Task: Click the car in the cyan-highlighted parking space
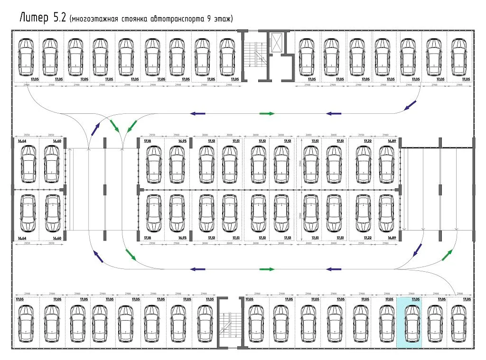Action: click(410, 324)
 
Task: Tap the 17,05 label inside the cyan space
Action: click(415, 299)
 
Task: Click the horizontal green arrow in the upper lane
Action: click(267, 114)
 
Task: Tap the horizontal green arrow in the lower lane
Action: click(267, 269)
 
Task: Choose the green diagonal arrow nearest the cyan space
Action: click(447, 255)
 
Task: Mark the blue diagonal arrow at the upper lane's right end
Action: click(411, 105)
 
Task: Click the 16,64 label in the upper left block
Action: click(22, 141)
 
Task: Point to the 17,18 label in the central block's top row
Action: click(147, 141)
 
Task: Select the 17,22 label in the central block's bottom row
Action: click(368, 237)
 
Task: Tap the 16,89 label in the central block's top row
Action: click(392, 141)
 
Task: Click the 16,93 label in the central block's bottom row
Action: click(183, 237)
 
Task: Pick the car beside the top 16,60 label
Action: click(52, 164)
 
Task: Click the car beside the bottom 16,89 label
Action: click(386, 213)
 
